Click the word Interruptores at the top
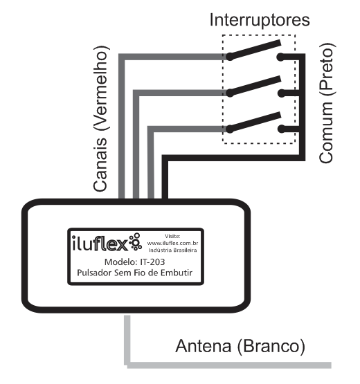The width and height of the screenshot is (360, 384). click(260, 20)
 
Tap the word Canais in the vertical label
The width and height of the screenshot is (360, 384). click(100, 165)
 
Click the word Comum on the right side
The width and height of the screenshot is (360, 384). click(326, 132)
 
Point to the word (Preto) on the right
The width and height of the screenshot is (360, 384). click(327, 69)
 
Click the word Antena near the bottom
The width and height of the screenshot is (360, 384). click(204, 346)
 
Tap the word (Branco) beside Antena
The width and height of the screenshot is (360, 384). click(271, 347)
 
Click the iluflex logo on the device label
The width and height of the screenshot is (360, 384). click(107, 243)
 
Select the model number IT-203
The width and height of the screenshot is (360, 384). click(152, 262)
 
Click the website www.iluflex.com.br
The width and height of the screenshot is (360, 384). click(172, 243)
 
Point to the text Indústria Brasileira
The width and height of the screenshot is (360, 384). click(172, 250)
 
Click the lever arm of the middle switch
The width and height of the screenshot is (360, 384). click(254, 86)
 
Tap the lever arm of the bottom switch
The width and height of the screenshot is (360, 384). click(254, 122)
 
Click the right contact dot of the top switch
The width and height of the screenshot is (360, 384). click(280, 57)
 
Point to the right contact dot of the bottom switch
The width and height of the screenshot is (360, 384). click(282, 129)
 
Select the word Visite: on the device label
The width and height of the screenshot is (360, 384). click(172, 236)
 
